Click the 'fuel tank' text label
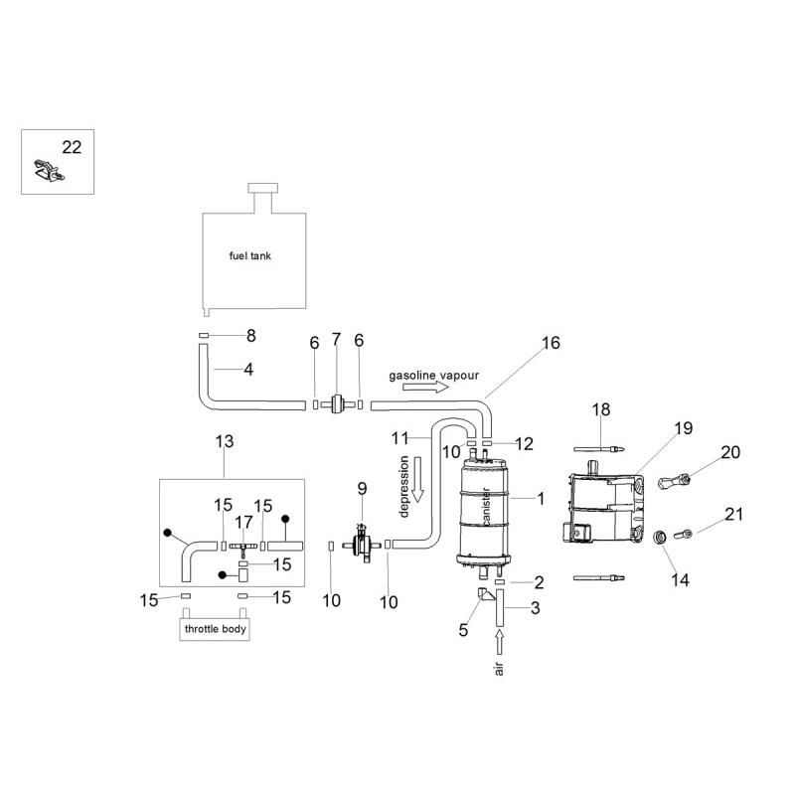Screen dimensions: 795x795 (250, 256)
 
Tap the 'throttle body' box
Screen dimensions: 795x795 (215, 629)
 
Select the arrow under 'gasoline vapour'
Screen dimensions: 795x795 (426, 388)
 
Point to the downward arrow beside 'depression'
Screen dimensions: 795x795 (417, 480)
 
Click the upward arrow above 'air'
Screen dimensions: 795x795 (500, 642)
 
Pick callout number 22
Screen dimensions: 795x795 (72, 147)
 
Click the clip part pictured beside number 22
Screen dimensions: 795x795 (49, 171)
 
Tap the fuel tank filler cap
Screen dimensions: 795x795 (262, 188)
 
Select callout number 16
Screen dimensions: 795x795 (551, 343)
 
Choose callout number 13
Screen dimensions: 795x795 (225, 441)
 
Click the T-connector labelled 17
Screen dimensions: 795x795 (242, 548)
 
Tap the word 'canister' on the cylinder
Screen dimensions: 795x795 (486, 507)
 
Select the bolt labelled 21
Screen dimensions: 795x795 (683, 534)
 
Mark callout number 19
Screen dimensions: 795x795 (684, 428)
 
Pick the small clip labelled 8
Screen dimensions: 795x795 (204, 335)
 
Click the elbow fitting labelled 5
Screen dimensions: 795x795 (486, 594)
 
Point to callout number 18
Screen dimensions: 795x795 (601, 409)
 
